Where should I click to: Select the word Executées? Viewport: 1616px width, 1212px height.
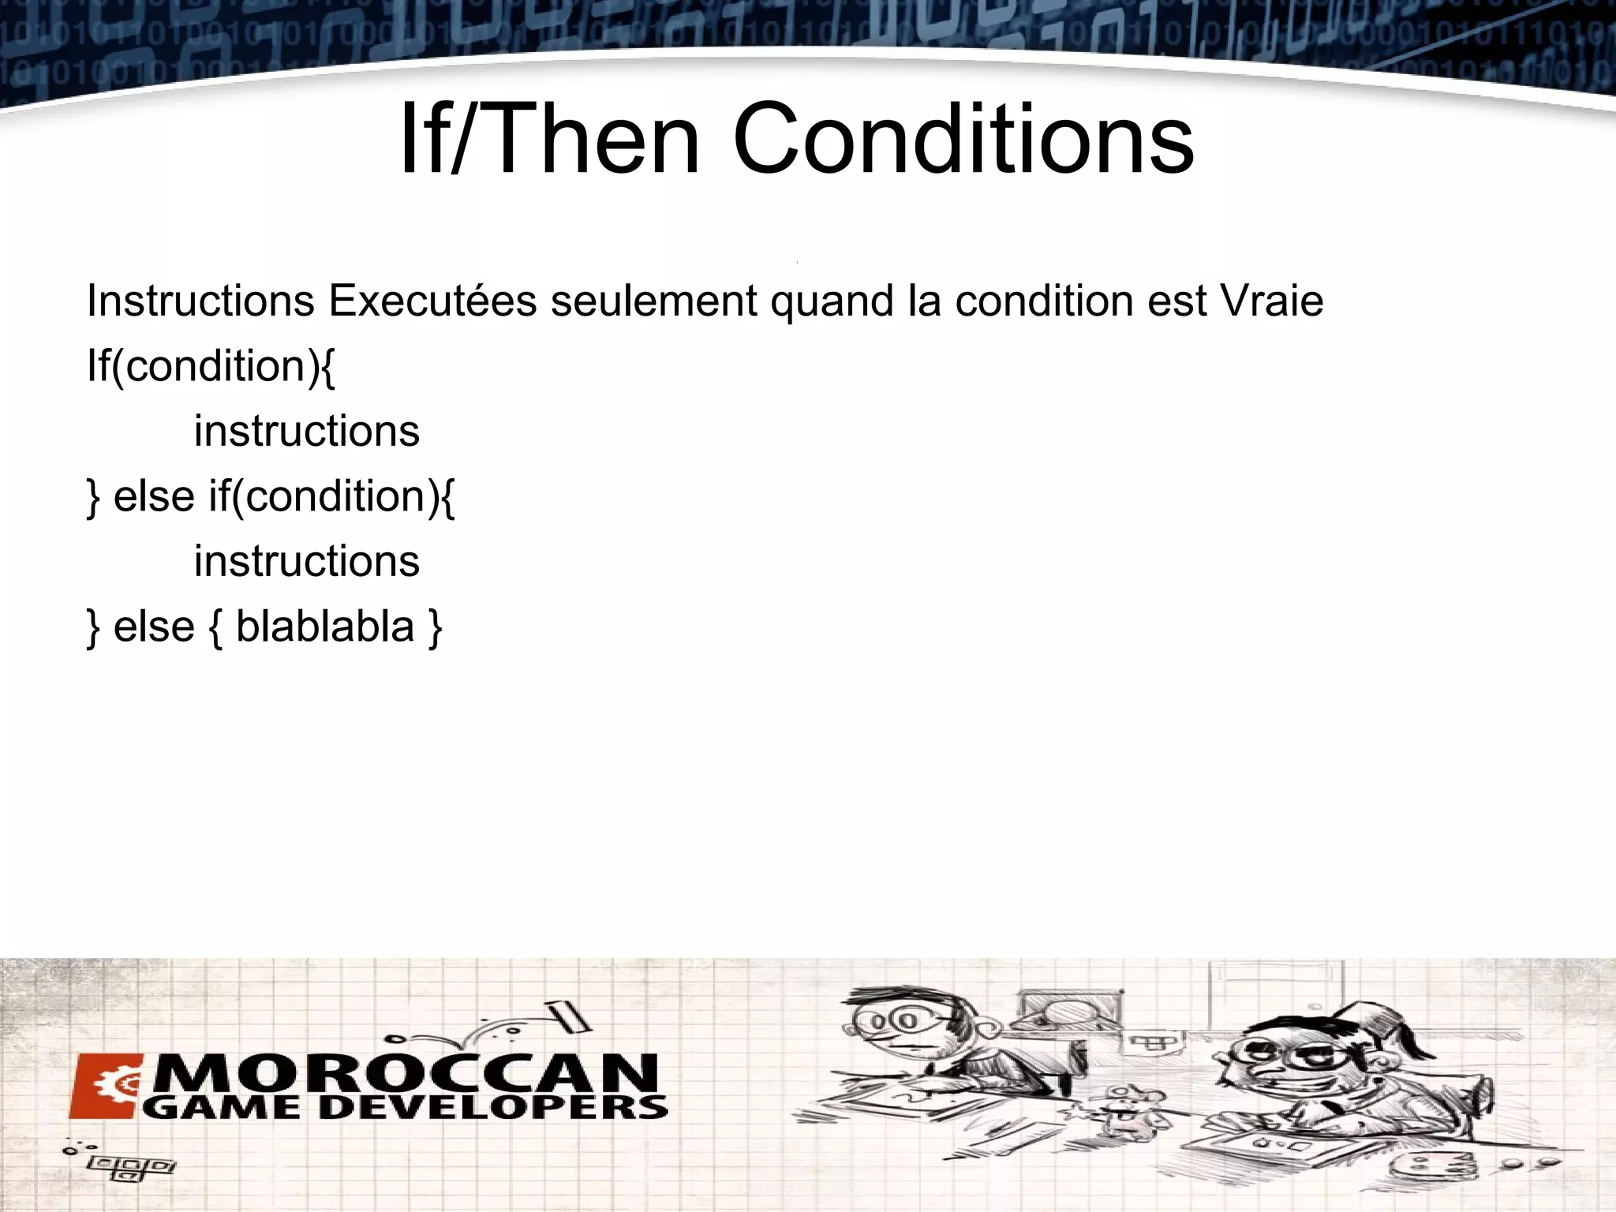[x=432, y=301]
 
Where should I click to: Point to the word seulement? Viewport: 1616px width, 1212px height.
[x=654, y=301]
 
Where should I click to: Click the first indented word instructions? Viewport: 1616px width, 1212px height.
[x=307, y=431]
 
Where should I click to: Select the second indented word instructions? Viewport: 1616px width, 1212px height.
[x=307, y=561]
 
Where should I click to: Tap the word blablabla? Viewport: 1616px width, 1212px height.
[x=325, y=627]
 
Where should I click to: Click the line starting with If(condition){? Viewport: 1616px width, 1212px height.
[x=211, y=367]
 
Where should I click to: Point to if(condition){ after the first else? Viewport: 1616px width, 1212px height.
[x=331, y=497]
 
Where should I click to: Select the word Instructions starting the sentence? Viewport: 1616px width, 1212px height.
[x=200, y=301]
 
